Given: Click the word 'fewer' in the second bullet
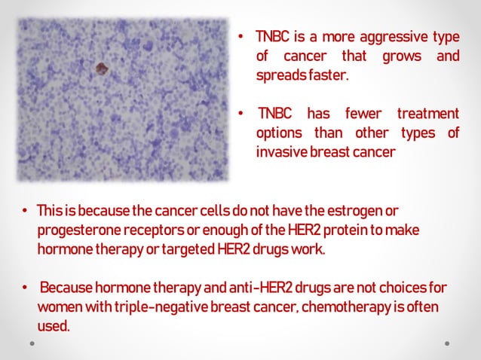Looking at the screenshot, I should pos(363,114).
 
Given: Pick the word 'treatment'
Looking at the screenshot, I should pos(428,114).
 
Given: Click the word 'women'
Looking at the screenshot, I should pos(57,307).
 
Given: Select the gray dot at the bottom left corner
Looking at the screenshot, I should pos(32,343).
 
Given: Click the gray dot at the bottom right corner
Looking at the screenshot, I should pos(447,343).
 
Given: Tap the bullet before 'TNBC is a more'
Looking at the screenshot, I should pos(240,37).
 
